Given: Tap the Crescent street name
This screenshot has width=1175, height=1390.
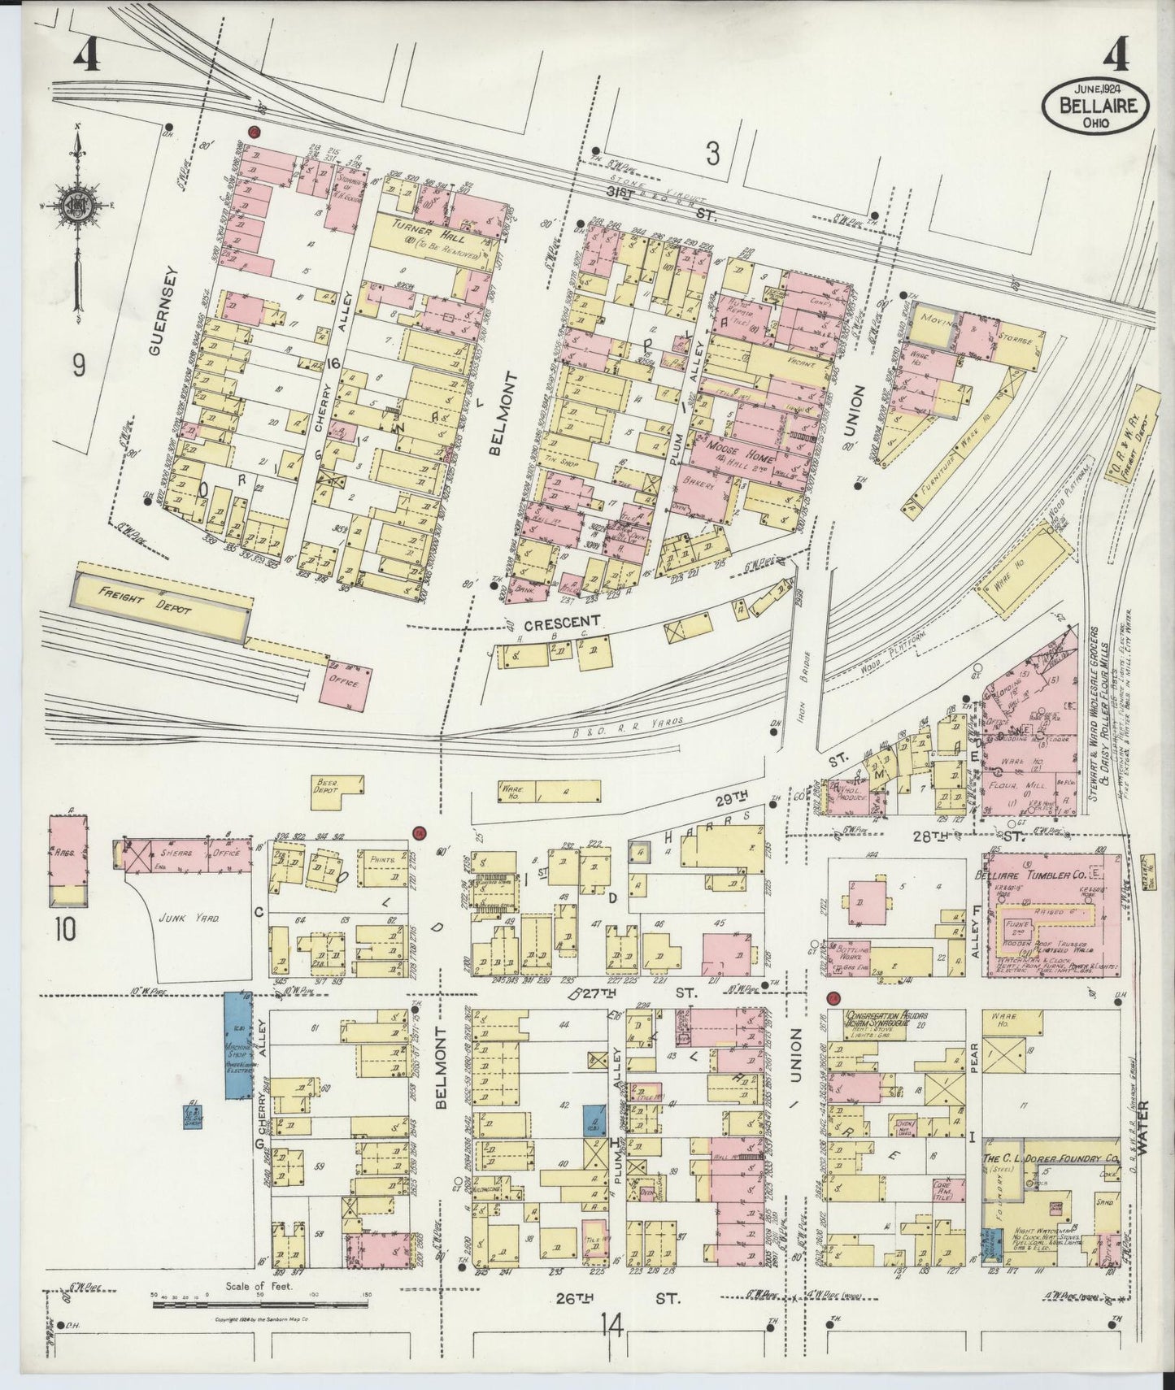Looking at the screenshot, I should click(560, 624).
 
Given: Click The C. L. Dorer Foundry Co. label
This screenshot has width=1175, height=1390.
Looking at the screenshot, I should click(1049, 1160).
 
